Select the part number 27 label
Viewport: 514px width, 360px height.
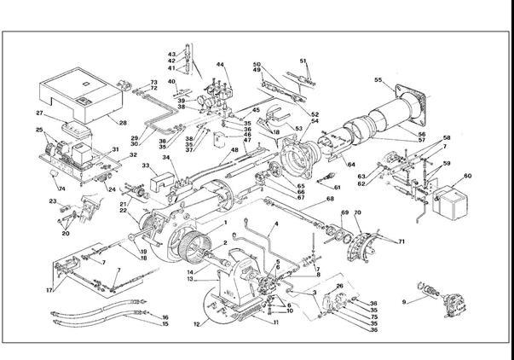coord(39,113)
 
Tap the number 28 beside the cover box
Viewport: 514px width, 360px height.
coord(123,123)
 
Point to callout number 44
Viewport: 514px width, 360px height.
coord(220,66)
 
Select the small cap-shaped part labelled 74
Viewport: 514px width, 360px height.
coord(56,176)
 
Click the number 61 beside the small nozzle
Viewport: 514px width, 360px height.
coord(338,188)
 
